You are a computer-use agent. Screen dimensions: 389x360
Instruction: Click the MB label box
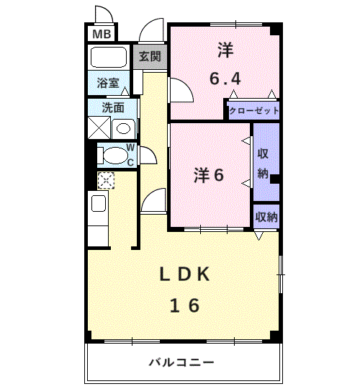click(x=102, y=33)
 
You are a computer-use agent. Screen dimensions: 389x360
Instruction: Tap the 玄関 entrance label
click(x=150, y=56)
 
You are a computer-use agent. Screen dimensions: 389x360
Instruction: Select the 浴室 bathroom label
click(x=108, y=84)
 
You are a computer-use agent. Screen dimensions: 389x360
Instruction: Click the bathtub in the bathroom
click(x=109, y=56)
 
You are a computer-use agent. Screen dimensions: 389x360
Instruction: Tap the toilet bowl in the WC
click(x=112, y=154)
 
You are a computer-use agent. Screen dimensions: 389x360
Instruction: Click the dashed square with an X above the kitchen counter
click(x=106, y=181)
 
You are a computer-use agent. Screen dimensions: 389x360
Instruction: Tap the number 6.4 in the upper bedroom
click(x=225, y=77)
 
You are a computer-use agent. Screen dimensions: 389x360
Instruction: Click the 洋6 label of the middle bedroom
click(x=209, y=175)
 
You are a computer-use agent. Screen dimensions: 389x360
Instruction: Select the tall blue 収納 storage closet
click(x=264, y=162)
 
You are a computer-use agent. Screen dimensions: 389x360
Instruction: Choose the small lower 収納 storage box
click(x=266, y=216)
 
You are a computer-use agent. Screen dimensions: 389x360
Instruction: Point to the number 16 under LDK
click(x=184, y=305)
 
